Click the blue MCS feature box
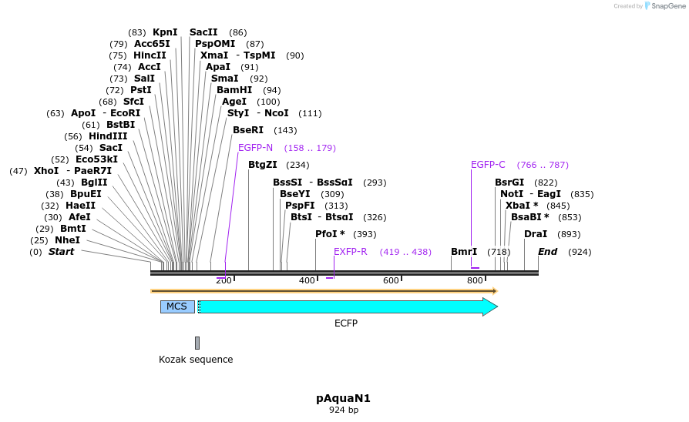pos(177,306)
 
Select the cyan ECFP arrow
pos(347,306)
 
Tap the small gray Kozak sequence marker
pos(197,343)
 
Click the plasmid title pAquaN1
pos(344,398)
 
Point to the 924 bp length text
pos(344,410)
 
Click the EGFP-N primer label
pos(255,148)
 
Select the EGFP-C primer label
pos(488,165)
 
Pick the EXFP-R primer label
pos(350,252)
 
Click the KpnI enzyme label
pos(165,32)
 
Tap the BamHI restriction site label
pos(234,90)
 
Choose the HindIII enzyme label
pos(108,136)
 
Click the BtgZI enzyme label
pos(262,165)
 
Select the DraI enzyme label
pos(536,234)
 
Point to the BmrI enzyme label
pos(464,252)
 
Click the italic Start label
pos(61,252)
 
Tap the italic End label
pos(547,252)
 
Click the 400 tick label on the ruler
pos(307,280)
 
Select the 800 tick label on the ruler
pos(475,280)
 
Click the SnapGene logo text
pos(664,6)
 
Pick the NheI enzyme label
pos(67,240)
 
